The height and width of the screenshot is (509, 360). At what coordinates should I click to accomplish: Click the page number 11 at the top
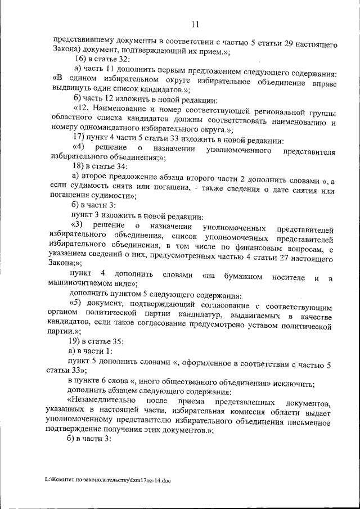click(195, 24)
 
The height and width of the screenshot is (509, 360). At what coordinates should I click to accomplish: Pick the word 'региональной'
click(264, 107)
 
